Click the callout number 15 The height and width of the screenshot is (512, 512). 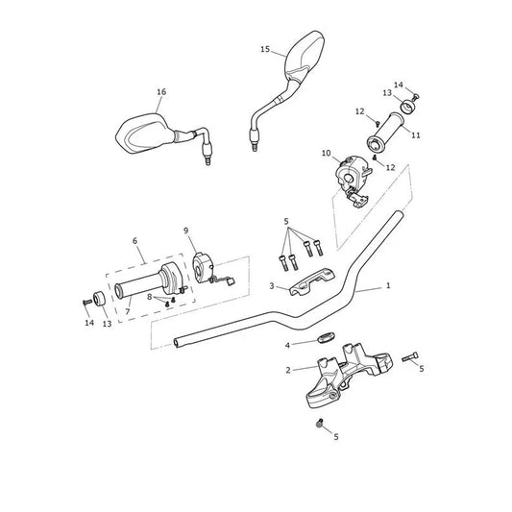pyautogui.click(x=265, y=49)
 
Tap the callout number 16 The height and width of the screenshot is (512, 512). pyautogui.click(x=161, y=92)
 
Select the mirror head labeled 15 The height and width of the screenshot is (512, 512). pyautogui.click(x=305, y=57)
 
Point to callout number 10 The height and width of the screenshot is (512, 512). pyautogui.click(x=327, y=153)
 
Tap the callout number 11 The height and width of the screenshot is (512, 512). pyautogui.click(x=416, y=134)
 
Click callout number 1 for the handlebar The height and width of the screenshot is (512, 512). pyautogui.click(x=388, y=285)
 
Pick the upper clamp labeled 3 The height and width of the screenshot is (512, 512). pyautogui.click(x=312, y=281)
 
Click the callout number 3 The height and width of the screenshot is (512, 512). pyautogui.click(x=272, y=286)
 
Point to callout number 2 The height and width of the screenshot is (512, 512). pyautogui.click(x=288, y=370)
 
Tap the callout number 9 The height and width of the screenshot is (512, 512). pyautogui.click(x=186, y=231)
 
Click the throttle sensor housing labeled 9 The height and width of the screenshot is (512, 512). pyautogui.click(x=203, y=268)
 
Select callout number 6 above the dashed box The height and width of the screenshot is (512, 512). pyautogui.click(x=134, y=241)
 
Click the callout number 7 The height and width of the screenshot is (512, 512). pyautogui.click(x=128, y=312)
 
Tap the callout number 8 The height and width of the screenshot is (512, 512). pyautogui.click(x=150, y=297)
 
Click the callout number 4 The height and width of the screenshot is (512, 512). pyautogui.click(x=287, y=345)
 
